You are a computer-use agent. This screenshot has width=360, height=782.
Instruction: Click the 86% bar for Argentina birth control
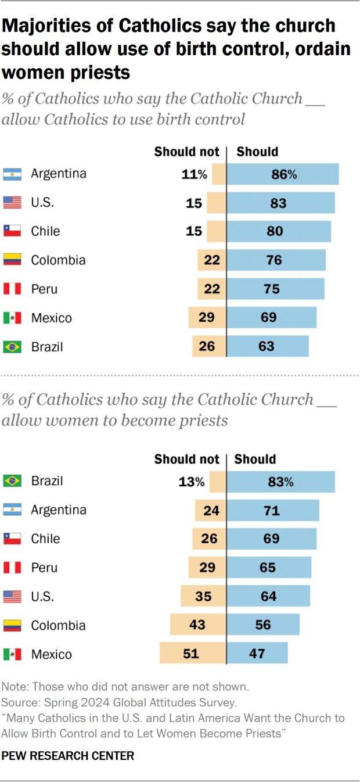pos(283,174)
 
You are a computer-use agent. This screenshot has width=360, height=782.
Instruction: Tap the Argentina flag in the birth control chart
pos(12,174)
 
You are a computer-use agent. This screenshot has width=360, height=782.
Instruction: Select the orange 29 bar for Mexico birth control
pos(207,317)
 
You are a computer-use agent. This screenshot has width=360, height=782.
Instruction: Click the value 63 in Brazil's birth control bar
pos(266,346)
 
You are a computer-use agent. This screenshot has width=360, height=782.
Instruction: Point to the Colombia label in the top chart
pos(58,260)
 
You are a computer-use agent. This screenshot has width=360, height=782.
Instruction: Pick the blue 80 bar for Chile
pos(279,231)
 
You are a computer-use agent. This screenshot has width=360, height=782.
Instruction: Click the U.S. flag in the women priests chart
pos(12,596)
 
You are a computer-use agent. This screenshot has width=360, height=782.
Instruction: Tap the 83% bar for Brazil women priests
pos(281,482)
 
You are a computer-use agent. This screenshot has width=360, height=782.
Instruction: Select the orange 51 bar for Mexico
pos(193,653)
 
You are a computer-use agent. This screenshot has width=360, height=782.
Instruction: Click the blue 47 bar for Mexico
pos(257,653)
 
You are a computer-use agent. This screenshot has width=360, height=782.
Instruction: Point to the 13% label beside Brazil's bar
pos(192,482)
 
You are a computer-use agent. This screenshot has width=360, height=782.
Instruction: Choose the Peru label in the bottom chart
pos(44,568)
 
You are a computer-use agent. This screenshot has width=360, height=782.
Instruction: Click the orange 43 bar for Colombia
pos(199,624)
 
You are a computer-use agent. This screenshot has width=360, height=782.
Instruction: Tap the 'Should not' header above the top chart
pos(186,152)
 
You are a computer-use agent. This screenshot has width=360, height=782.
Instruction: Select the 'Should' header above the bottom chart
pos(255,459)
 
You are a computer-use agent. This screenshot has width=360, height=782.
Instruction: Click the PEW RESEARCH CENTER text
pos(68,756)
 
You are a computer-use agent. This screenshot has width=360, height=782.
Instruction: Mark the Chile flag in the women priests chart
pos(12,539)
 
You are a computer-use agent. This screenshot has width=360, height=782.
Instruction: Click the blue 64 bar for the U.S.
pos(268,596)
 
